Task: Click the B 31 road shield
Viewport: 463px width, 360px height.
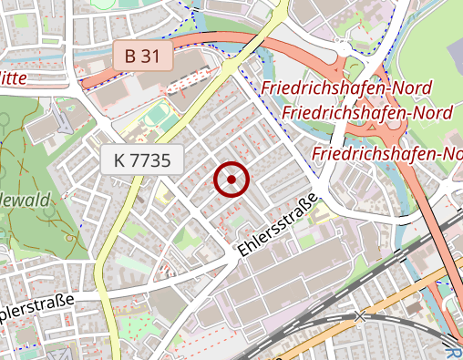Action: pyautogui.click(x=143, y=57)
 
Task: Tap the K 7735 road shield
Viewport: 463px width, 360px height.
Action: pyautogui.click(x=142, y=161)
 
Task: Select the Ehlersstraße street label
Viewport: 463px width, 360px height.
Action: pyautogui.click(x=279, y=223)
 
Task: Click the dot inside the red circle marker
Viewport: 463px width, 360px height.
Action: pyautogui.click(x=231, y=180)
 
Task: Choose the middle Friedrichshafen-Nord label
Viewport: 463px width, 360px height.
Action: pyautogui.click(x=367, y=113)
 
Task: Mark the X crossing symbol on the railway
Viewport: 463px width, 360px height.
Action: pyautogui.click(x=361, y=316)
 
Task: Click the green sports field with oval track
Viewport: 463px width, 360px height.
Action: pyautogui.click(x=161, y=116)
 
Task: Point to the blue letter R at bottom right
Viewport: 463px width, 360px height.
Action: pyautogui.click(x=455, y=353)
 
